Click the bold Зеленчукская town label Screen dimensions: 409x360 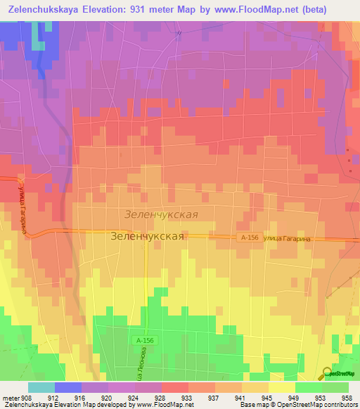pyautogui.click(x=148, y=237)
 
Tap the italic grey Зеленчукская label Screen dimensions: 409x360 pyautogui.click(x=160, y=214)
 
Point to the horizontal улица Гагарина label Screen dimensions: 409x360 pyautogui.click(x=285, y=239)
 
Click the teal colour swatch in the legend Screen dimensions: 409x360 pyautogui.click(x=41, y=387)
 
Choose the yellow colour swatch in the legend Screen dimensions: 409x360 pyautogui.click(x=281, y=387)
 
